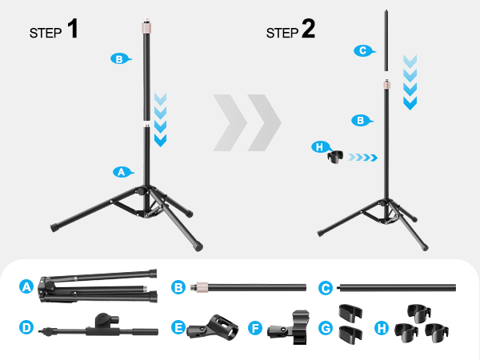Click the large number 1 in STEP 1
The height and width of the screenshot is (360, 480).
click(x=72, y=30)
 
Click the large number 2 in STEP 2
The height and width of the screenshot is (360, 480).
click(x=308, y=30)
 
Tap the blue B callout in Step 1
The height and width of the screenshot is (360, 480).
click(x=118, y=58)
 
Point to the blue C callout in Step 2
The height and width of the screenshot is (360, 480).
click(x=362, y=50)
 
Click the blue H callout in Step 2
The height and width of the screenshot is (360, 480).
click(x=319, y=146)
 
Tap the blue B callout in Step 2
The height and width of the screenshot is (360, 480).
click(x=361, y=120)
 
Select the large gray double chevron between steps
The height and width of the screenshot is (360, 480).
click(x=247, y=122)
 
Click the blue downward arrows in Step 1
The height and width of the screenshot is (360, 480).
click(x=161, y=120)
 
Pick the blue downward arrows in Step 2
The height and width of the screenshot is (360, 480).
click(x=410, y=82)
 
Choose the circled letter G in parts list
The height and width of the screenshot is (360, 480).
click(x=326, y=327)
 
